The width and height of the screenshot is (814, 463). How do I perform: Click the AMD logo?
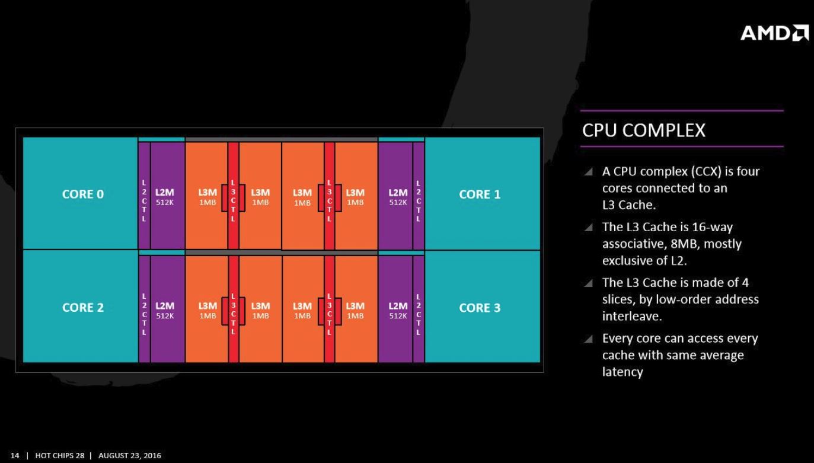tap(774, 33)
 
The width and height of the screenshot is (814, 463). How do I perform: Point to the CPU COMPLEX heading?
tap(644, 130)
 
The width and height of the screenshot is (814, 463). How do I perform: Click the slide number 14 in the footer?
tap(15, 455)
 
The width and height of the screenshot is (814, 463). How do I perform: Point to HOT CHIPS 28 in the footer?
tap(59, 455)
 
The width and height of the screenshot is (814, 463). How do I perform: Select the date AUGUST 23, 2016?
tap(130, 455)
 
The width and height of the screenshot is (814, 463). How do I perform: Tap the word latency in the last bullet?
tap(623, 372)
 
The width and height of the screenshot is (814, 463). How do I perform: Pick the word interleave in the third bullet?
tap(632, 317)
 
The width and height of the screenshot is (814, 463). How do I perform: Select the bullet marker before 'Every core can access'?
tap(588, 339)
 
